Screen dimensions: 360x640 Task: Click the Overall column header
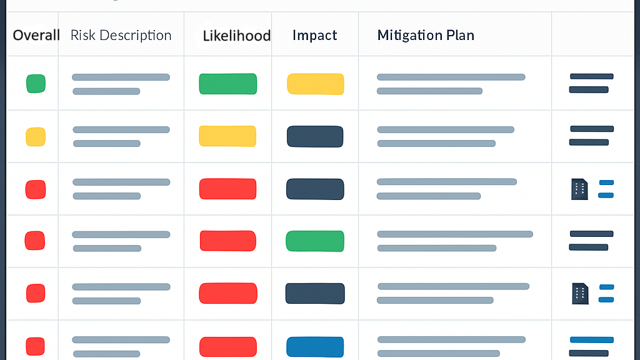[36, 35]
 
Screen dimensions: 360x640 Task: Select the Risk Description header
[121, 35]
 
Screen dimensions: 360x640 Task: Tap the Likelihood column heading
[236, 36]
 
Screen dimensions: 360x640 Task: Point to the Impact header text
[314, 35]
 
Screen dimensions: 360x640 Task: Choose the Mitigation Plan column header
[426, 35]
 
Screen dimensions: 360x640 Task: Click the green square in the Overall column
[36, 84]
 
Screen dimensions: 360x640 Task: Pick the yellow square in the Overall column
[36, 137]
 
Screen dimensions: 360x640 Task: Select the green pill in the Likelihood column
[227, 84]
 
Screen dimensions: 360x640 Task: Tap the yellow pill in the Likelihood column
[227, 136]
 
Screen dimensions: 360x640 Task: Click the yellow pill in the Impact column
[315, 84]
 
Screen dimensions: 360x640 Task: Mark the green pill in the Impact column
[315, 241]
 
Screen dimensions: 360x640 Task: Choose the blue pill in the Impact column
[315, 347]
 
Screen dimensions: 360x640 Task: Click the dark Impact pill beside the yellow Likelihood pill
[315, 137]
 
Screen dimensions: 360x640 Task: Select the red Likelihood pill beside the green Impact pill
[227, 241]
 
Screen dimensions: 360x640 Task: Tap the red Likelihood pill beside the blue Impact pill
[227, 347]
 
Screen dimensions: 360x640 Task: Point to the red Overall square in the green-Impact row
[35, 241]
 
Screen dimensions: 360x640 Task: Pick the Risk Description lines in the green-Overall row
[120, 84]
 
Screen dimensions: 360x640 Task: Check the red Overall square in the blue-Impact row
[35, 346]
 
